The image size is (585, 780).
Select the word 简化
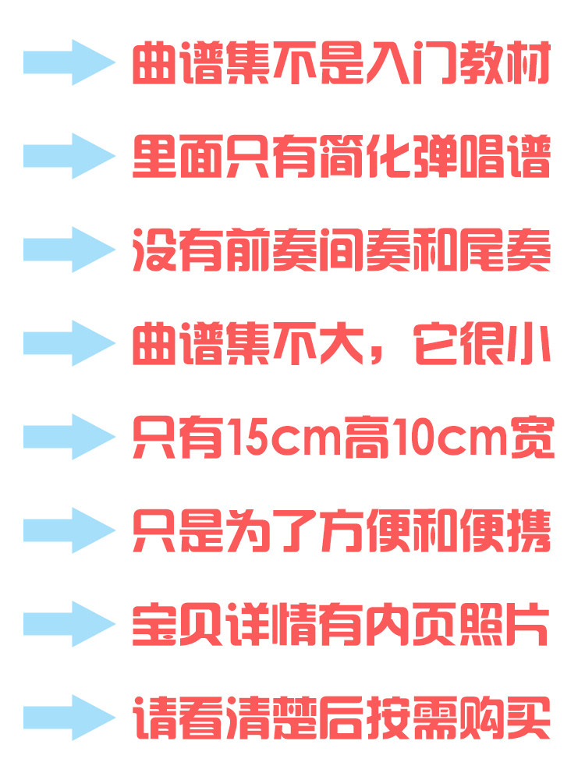point(366,157)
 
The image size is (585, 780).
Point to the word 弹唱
point(459,157)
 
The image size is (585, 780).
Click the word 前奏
point(271,250)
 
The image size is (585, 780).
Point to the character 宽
point(533,438)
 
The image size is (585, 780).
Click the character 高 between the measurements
point(366,438)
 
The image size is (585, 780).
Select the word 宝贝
point(178,624)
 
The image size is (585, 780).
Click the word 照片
point(503,624)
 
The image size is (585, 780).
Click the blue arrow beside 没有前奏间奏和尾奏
point(69,250)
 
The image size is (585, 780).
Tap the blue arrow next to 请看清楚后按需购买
point(69,718)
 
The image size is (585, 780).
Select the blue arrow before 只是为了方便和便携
point(69,530)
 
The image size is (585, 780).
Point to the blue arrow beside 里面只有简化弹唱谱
point(69,156)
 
